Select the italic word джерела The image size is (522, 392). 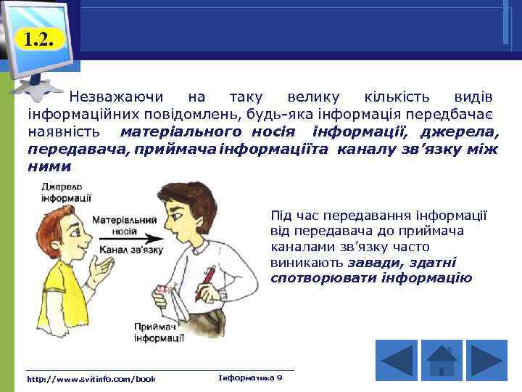pyautogui.click(x=461, y=132)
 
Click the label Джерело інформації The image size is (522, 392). pyautogui.click(x=65, y=192)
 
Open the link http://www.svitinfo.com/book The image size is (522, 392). pyautogui.click(x=91, y=379)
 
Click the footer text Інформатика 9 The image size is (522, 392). pyautogui.click(x=250, y=378)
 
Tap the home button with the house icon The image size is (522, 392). pyautogui.click(x=441, y=360)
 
